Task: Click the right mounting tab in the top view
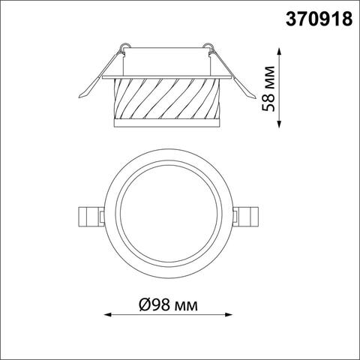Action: (247, 217)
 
